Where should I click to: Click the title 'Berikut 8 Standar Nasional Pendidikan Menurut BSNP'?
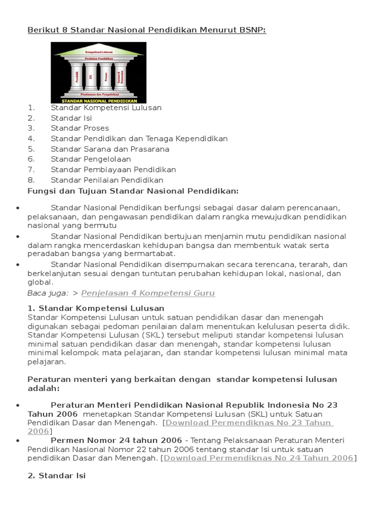point(146,31)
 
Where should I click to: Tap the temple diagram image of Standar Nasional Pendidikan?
point(99,73)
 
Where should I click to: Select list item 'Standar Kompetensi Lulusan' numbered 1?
point(106,107)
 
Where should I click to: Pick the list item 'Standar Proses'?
point(80,128)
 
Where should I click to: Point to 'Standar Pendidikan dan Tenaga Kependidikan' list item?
point(139,139)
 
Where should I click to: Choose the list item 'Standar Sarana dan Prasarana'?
point(110,149)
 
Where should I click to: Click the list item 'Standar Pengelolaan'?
point(91,159)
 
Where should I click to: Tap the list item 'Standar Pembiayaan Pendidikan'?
point(113,170)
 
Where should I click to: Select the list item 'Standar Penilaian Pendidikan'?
point(107,180)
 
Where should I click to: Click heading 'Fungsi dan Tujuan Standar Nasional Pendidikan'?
point(133,191)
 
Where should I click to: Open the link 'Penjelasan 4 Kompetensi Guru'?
point(148,294)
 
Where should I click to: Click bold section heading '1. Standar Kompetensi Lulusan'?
point(96,308)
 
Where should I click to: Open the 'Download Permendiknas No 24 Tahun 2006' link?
point(259,458)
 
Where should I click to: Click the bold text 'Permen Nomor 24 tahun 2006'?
point(116,440)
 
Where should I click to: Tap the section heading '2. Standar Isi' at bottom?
point(56,475)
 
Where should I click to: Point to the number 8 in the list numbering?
point(31,180)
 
